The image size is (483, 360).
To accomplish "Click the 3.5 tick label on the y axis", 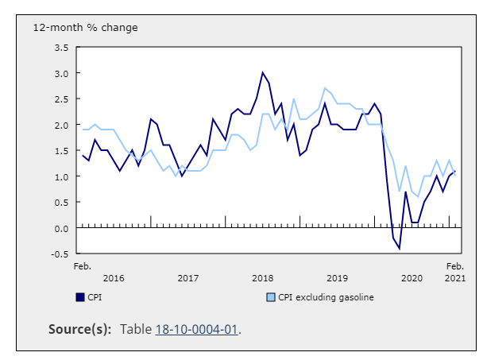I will point(60,48).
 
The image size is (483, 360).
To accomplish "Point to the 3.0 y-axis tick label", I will point(60,73).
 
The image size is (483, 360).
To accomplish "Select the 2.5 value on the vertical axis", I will point(60,99).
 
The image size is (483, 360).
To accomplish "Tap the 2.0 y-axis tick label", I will point(60,126).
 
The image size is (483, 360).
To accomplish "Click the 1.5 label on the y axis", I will point(60,151).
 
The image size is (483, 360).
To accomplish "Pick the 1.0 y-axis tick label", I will point(60,177).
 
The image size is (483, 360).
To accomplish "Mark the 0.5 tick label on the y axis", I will point(60,203).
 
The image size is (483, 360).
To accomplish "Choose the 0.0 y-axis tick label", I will point(60,229).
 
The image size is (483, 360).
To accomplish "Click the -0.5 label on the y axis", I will point(59,254).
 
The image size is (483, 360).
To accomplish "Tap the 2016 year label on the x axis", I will point(114,278).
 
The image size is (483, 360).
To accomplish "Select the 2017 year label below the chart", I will point(188,278).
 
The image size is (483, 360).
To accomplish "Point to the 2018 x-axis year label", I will point(263,278).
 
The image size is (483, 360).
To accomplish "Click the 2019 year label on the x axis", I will point(337,278).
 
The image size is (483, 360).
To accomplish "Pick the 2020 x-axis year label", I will point(412,278).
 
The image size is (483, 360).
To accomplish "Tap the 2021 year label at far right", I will point(454,278).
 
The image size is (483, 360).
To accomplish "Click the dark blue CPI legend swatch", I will point(80,298).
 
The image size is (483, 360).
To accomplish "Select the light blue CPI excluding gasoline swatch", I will point(269,298).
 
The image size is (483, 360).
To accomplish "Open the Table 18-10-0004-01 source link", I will point(197,329).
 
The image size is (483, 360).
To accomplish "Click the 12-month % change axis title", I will point(85,28).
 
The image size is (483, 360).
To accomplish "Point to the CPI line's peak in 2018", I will point(263,73).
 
